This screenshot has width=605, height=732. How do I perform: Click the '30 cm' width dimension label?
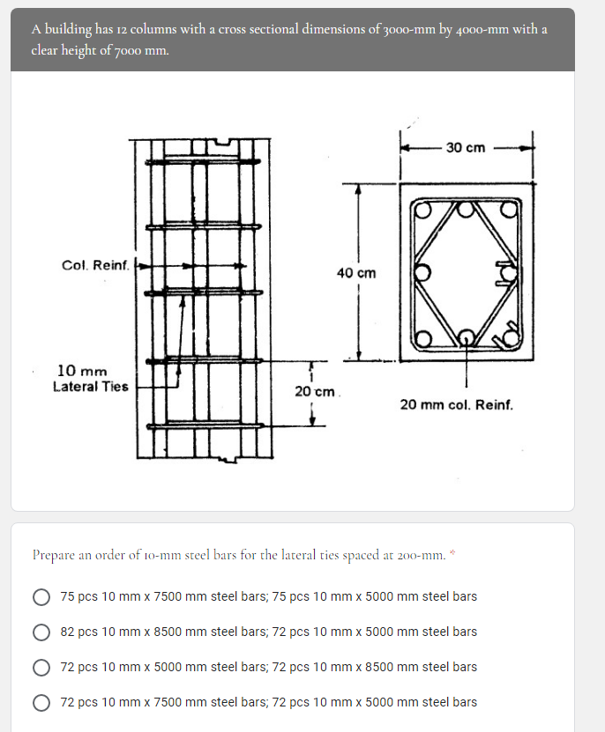point(465,147)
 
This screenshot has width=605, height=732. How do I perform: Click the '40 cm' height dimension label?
point(356,273)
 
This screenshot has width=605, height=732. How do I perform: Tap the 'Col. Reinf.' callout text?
point(95,264)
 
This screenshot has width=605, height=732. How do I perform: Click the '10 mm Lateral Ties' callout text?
point(90,379)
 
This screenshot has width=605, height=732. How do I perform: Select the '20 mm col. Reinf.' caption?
point(455,404)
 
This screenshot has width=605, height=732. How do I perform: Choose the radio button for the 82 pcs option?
point(41,632)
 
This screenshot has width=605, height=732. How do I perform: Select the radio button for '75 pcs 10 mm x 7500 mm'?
point(41,596)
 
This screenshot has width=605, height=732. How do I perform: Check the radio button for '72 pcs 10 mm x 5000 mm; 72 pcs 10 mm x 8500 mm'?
point(41,667)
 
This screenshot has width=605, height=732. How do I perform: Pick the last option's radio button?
point(41,702)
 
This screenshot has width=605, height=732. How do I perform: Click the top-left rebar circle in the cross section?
point(422,211)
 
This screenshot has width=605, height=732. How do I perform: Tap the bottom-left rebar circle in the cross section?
point(422,339)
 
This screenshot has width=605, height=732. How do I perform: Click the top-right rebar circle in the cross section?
point(508,210)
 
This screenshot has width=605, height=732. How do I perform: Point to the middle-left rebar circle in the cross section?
point(422,272)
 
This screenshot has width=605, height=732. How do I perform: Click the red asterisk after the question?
point(452,552)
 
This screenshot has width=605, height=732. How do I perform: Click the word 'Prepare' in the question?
point(54,555)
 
